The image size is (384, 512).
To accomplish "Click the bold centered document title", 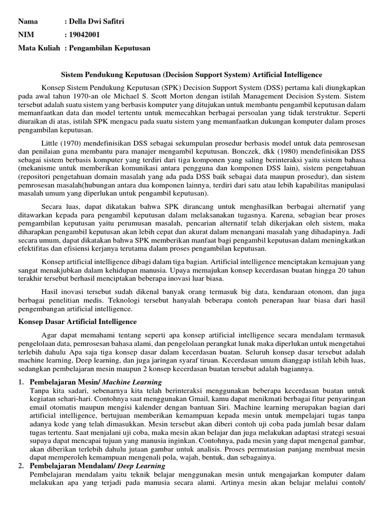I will point(191,74).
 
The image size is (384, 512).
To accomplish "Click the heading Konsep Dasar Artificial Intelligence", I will point(77,321).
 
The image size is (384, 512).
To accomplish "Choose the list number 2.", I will point(21,466).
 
